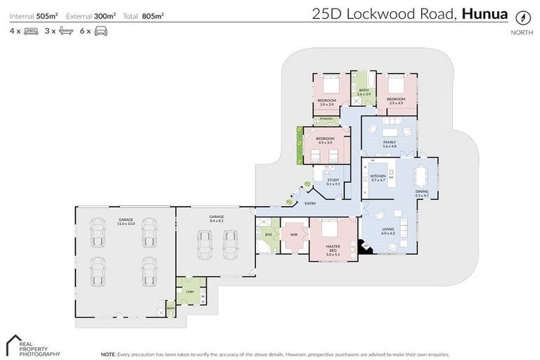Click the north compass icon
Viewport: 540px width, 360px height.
click(x=522, y=18)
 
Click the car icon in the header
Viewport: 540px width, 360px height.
click(x=101, y=31)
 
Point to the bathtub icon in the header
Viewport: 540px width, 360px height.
click(x=66, y=31)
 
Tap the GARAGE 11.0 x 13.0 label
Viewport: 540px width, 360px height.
click(x=126, y=221)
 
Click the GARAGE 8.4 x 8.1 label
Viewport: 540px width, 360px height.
click(x=216, y=218)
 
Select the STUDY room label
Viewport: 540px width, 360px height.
click(x=333, y=181)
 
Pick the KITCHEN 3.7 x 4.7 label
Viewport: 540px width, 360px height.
click(x=378, y=178)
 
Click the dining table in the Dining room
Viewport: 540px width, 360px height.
click(x=422, y=174)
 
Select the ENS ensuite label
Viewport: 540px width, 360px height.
click(x=268, y=234)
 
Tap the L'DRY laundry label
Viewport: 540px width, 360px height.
click(x=189, y=292)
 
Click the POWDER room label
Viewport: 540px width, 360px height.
click(x=326, y=120)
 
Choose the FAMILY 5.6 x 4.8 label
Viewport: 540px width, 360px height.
click(x=389, y=144)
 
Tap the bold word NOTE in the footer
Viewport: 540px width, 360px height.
click(x=109, y=354)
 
